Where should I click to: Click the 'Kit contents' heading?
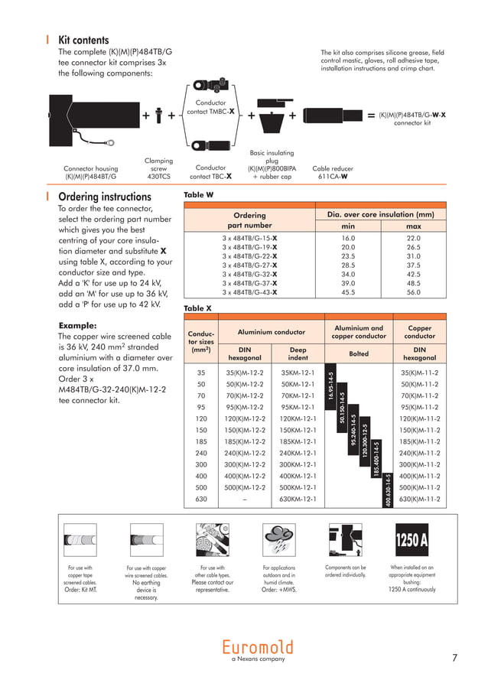tap(83, 40)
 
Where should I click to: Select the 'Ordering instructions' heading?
tap(105, 196)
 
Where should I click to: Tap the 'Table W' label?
tap(199, 195)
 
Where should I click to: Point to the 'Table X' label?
tap(199, 308)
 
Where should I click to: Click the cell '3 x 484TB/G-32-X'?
tap(249, 274)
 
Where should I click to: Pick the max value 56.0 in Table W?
tap(413, 292)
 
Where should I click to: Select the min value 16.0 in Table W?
tap(348, 239)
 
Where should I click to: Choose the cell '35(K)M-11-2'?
tap(419, 373)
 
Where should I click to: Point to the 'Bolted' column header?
tap(359, 353)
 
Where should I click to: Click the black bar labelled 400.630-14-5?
tap(388, 489)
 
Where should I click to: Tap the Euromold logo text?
tap(258, 646)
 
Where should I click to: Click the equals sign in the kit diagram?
tap(371, 116)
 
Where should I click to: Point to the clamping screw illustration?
tap(158, 116)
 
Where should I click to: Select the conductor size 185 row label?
tap(201, 441)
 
